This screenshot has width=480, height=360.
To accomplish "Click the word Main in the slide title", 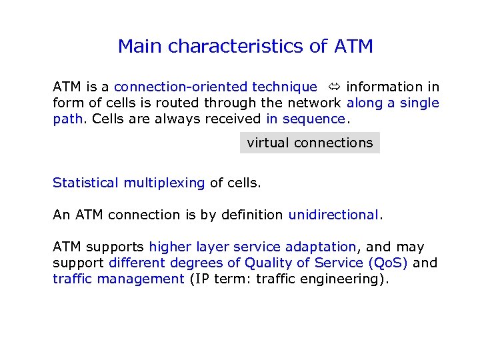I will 141,47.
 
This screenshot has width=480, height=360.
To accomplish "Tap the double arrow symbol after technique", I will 332,87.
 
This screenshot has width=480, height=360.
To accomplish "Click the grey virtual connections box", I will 309,143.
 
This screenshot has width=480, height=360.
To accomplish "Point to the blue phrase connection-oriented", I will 181,87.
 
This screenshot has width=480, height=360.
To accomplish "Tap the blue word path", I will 67,119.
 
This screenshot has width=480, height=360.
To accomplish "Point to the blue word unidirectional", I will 333,215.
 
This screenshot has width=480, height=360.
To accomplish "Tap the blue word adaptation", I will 321,247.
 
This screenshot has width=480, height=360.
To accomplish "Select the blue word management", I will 141,279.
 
